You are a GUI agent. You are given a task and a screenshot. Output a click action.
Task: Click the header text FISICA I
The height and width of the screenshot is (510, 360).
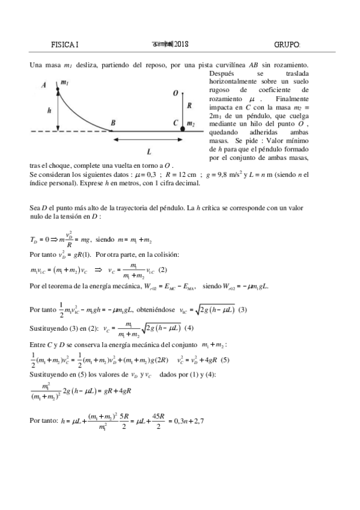point(66,45)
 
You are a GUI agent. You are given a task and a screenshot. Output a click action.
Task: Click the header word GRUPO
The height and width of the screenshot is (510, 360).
point(287,45)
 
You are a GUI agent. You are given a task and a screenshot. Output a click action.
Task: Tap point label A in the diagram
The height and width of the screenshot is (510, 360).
point(44,85)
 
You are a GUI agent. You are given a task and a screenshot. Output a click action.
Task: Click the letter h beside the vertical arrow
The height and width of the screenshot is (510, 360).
point(49,111)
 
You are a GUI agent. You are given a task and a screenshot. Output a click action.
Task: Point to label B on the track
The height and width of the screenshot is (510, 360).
point(113,123)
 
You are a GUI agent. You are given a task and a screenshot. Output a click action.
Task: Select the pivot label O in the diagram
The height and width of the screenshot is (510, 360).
point(175,94)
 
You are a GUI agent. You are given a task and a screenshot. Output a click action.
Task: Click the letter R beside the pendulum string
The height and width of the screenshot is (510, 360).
point(190,105)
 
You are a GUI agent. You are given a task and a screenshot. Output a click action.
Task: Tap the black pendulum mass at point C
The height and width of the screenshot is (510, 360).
point(183,128)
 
